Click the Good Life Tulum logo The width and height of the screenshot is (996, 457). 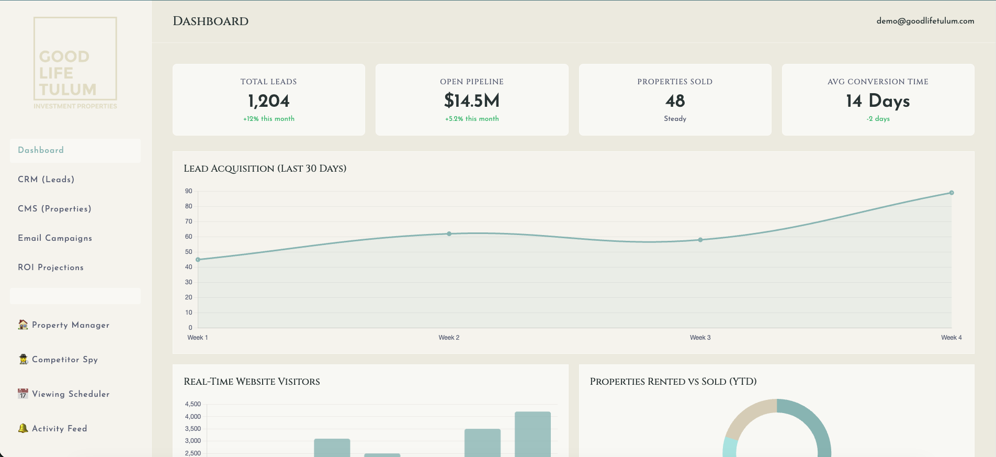click(75, 63)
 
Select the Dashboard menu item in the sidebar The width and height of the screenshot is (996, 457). click(41, 150)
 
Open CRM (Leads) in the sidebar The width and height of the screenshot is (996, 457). click(46, 180)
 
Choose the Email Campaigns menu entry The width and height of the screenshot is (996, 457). click(55, 238)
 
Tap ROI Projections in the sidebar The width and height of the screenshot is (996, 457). click(51, 267)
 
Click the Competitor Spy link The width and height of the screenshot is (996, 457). click(65, 360)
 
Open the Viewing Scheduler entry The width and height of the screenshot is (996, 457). click(71, 394)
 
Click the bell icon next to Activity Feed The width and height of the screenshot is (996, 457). click(23, 428)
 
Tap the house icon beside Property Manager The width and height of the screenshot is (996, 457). click(23, 325)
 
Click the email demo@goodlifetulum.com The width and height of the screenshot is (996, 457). click(925, 21)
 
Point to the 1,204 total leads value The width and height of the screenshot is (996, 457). click(268, 101)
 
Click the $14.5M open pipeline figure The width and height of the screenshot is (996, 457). click(472, 101)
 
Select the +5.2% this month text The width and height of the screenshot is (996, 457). click(472, 119)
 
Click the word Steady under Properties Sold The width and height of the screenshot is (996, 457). click(675, 119)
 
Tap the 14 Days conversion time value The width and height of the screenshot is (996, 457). click(878, 101)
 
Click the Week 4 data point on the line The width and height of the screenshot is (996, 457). click(952, 193)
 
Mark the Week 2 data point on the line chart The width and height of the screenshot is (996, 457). click(449, 233)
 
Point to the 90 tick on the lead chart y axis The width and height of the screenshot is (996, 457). click(188, 191)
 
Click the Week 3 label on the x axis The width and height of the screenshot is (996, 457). click(700, 338)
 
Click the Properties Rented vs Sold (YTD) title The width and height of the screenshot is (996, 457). click(673, 382)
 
